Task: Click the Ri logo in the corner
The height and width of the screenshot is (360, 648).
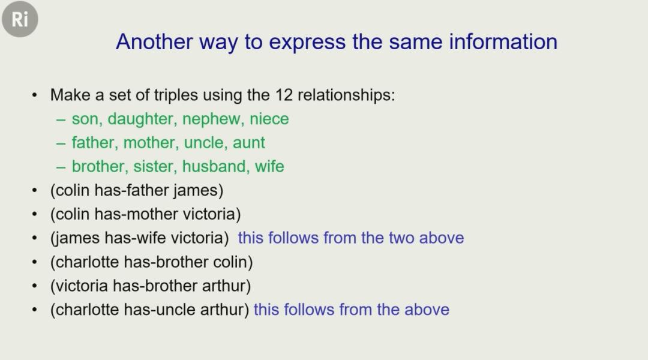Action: tap(20, 19)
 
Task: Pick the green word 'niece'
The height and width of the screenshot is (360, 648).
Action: tap(269, 119)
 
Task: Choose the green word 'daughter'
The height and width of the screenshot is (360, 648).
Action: tap(143, 119)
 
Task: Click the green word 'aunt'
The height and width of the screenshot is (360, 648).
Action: tap(249, 143)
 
